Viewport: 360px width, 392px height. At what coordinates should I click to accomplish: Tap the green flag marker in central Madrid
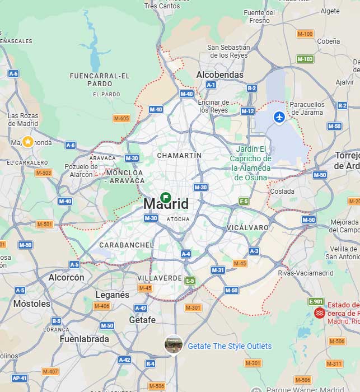[x=166, y=197]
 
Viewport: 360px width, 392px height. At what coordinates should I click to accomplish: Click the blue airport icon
[x=279, y=117]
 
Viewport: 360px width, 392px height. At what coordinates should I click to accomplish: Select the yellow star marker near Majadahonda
[x=27, y=141]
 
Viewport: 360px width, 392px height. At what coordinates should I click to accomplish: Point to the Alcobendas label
[x=220, y=74]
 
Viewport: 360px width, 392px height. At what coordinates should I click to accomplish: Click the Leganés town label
[x=113, y=295]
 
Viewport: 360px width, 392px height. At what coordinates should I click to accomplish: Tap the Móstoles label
[x=32, y=304]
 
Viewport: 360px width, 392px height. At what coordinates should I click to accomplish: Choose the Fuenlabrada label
[x=84, y=339]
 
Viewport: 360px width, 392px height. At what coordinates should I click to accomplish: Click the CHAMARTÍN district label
[x=179, y=155]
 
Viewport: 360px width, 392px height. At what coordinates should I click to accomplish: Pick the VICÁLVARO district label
[x=248, y=228]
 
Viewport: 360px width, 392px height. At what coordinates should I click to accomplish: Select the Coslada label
[x=282, y=192]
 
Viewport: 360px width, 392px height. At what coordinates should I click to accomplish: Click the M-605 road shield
[x=121, y=118]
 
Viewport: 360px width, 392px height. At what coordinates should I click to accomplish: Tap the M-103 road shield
[x=305, y=59]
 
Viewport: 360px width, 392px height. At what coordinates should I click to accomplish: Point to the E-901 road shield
[x=316, y=301]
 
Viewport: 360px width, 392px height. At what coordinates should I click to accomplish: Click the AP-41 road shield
[x=19, y=378]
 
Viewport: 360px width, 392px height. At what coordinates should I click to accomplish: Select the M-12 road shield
[x=247, y=111]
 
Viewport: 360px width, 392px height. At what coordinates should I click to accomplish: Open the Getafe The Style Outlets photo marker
[x=174, y=344]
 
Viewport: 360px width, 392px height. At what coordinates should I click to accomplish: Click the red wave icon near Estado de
[x=320, y=313]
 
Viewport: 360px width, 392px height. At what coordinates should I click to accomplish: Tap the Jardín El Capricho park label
[x=250, y=163]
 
